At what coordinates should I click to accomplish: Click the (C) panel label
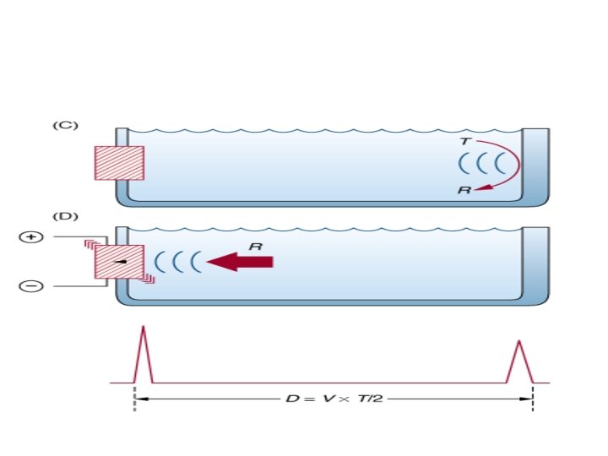pyautogui.click(x=65, y=125)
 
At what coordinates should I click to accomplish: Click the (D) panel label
pyautogui.click(x=65, y=216)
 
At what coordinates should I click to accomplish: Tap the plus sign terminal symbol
pyautogui.click(x=31, y=238)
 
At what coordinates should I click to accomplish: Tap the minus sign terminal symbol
pyautogui.click(x=31, y=286)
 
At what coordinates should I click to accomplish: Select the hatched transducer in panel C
pyautogui.click(x=119, y=163)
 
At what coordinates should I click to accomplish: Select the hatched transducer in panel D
pyautogui.click(x=119, y=262)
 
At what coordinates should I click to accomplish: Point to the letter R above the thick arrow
pyautogui.click(x=254, y=246)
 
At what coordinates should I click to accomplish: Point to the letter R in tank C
pyautogui.click(x=464, y=191)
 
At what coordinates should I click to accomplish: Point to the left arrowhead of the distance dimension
pyautogui.click(x=138, y=399)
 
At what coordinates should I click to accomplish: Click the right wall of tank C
pyautogui.click(x=536, y=165)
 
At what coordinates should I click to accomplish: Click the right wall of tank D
pyautogui.click(x=536, y=262)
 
